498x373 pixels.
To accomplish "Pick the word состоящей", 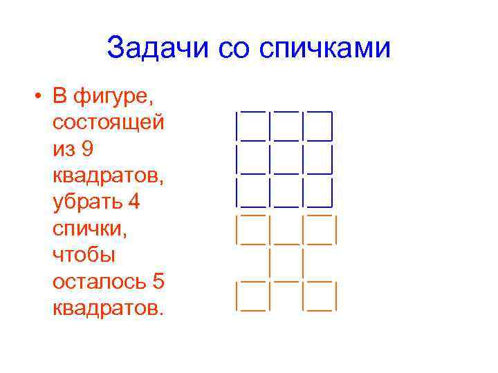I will (x=109, y=122).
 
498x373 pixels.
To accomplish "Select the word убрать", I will (x=91, y=202).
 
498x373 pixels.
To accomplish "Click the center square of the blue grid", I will (x=285, y=160).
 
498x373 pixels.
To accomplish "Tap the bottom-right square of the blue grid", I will (x=319, y=193).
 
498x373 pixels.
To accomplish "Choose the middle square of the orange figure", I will (x=285, y=263).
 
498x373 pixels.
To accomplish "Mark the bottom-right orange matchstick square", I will (x=319, y=296).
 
